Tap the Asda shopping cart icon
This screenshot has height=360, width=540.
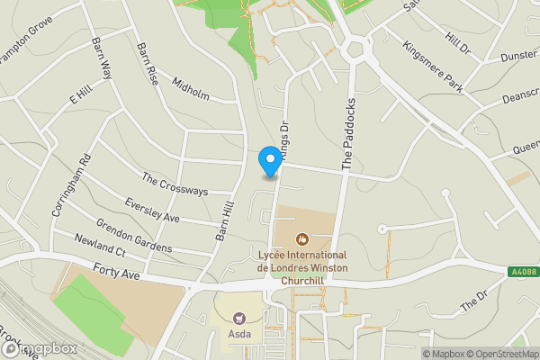pos(239,317)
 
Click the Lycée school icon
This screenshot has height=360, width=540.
pos(301,238)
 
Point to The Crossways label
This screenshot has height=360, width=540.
pos(175,184)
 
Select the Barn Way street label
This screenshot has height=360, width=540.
pos(102,59)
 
